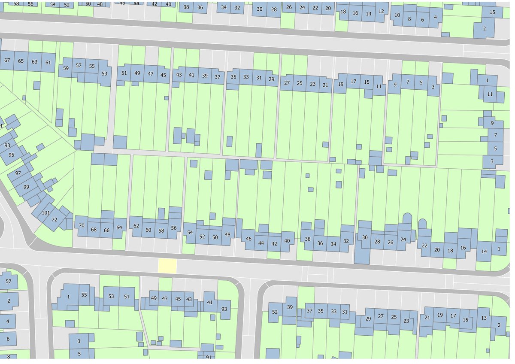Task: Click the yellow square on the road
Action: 167,265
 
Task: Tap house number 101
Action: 46,213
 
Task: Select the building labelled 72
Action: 55,220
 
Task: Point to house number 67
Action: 7,61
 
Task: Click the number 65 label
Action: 21,61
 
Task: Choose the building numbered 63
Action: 34,61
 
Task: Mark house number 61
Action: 48,63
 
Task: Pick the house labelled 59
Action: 66,68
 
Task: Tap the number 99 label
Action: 26,187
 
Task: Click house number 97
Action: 18,173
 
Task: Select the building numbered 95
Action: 11,155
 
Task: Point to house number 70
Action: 82,225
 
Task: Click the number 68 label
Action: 94,230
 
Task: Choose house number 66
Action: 107,230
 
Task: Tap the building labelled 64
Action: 119,227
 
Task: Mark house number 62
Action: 136,226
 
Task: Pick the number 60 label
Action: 148,230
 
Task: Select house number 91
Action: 208,357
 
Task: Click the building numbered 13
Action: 484,318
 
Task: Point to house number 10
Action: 397,15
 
